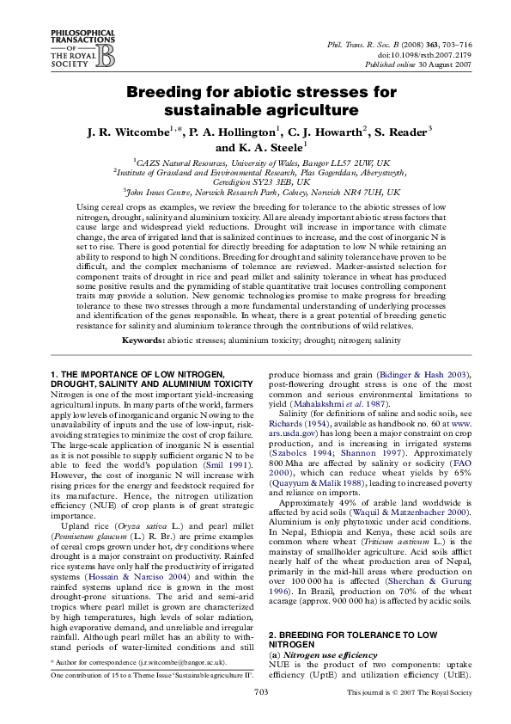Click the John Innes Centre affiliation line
point(257,193)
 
